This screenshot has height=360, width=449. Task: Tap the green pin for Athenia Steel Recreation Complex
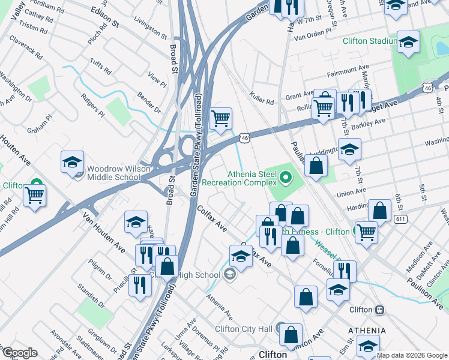coord(285,177)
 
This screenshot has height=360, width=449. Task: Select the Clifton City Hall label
coord(244,328)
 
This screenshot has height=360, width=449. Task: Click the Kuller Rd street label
coord(262,98)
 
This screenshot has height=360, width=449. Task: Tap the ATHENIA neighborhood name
coord(367,331)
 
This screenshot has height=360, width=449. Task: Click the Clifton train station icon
coord(380,310)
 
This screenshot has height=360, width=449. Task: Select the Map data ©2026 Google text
coord(411,355)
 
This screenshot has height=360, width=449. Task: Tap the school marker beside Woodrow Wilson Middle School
coord(72,162)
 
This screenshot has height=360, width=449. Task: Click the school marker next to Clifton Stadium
coord(408,41)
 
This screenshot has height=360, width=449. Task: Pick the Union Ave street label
coord(351,193)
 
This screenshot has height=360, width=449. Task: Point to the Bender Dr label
coord(149,103)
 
